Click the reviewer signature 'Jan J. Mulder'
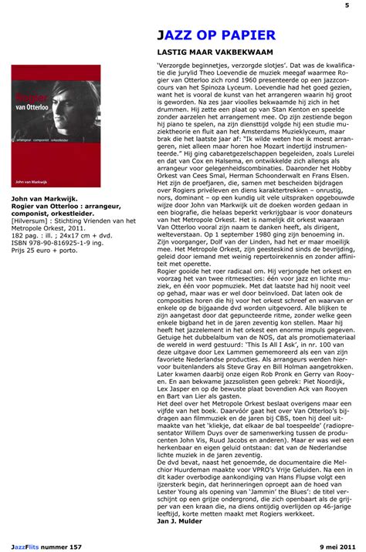click(x=182, y=521)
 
